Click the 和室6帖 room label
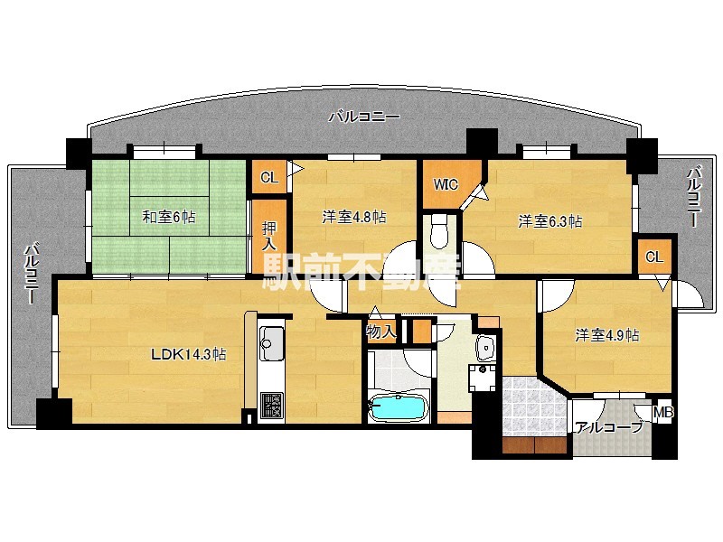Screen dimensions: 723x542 click(169, 216)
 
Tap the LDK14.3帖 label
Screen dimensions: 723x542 click(189, 354)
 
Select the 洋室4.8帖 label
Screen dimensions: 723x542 click(354, 217)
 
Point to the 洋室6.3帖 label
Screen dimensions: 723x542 click(550, 221)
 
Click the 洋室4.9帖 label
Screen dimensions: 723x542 click(607, 335)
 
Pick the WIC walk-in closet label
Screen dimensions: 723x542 click(446, 184)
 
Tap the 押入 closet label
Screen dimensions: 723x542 click(269, 236)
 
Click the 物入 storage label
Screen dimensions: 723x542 click(380, 332)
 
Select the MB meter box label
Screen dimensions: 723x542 click(663, 413)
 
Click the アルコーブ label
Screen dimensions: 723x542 click(608, 427)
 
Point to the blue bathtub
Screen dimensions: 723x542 click(398, 408)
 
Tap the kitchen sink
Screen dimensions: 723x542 click(272, 344)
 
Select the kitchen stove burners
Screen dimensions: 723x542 click(272, 405)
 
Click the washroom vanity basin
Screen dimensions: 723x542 click(485, 348)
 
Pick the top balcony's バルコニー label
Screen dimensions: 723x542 click(364, 117)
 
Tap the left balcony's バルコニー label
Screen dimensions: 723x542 click(31, 275)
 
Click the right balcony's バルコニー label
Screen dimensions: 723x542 click(693, 197)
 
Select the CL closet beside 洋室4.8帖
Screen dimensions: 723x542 click(269, 177)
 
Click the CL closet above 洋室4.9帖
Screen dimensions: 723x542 click(653, 257)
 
